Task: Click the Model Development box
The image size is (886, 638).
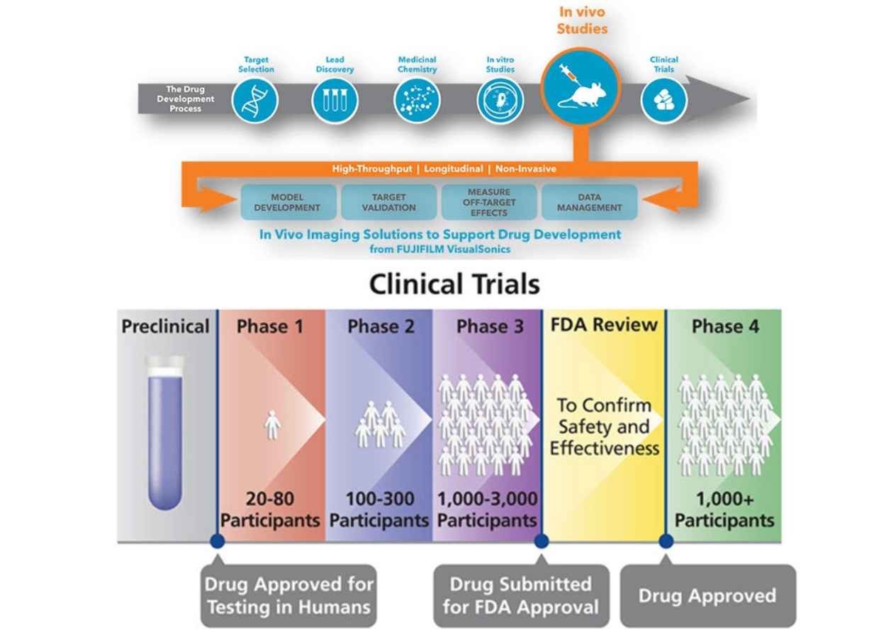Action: (287, 202)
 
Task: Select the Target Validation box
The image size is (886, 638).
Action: (388, 202)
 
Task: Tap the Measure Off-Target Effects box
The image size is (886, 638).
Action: (488, 202)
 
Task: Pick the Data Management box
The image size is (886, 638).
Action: (589, 202)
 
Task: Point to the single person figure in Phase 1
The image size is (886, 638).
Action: (272, 426)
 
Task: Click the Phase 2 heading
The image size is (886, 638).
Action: (381, 327)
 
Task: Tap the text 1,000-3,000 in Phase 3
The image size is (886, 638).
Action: (487, 500)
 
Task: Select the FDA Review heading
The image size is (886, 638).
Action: (604, 325)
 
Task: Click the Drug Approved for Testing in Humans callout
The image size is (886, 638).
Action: (288, 596)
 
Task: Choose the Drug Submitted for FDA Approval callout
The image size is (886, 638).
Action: (521, 596)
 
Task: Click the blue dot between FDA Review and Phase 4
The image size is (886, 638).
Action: (666, 541)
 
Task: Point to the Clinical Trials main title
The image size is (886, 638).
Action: (454, 285)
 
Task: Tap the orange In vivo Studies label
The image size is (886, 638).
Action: (582, 21)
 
